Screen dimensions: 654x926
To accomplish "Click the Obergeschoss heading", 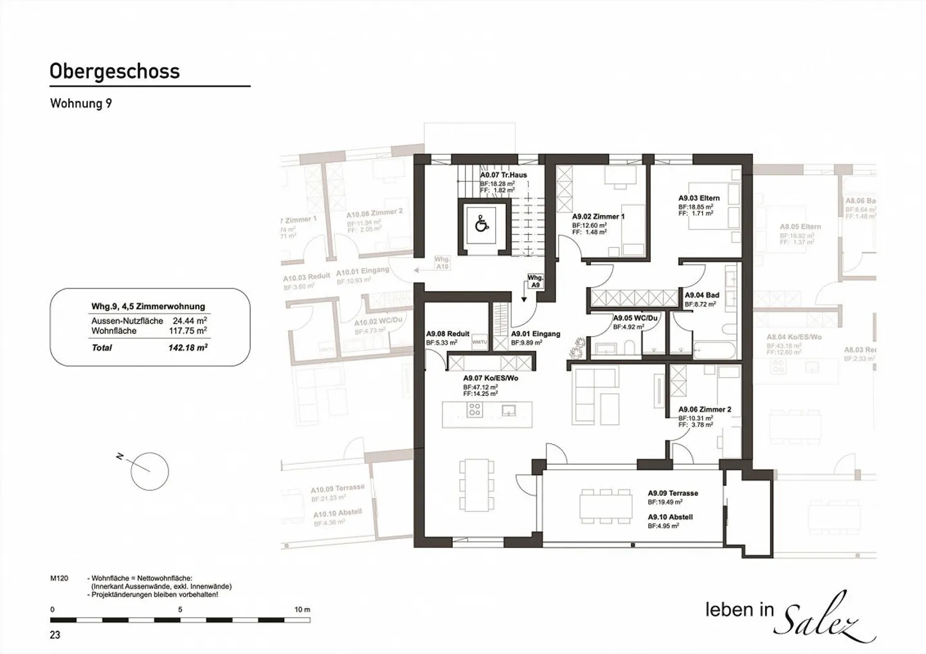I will click(x=114, y=71).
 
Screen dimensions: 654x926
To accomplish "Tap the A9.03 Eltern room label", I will click(x=699, y=199).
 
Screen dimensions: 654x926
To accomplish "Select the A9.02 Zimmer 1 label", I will click(x=598, y=217).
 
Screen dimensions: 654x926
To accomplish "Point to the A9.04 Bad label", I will click(x=702, y=296).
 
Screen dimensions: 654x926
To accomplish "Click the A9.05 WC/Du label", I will click(x=635, y=319).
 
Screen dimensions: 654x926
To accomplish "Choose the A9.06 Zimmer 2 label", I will click(x=704, y=410).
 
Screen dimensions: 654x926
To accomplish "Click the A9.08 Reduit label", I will click(x=448, y=334).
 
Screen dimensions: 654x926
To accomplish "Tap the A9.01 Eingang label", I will click(x=535, y=334).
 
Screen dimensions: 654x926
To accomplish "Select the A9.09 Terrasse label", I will click(x=673, y=493).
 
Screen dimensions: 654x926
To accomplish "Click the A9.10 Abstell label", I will click(x=670, y=517).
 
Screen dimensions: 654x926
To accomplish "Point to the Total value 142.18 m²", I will click(x=188, y=348).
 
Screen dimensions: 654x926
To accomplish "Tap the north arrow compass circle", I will click(x=149, y=472).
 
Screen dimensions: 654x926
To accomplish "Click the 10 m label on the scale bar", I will click(x=302, y=610).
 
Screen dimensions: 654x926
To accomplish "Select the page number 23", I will click(x=55, y=635).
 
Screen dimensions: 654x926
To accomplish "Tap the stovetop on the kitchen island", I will click(x=475, y=410).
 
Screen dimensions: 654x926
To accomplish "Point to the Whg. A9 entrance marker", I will click(x=535, y=281).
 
